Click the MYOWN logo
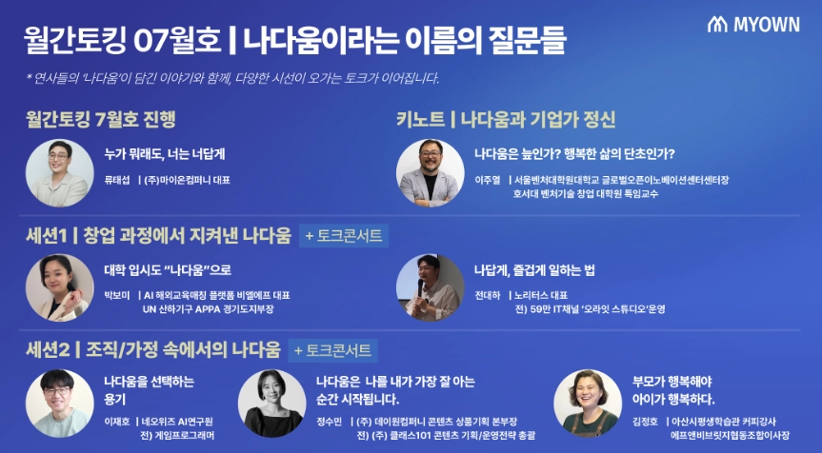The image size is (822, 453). pyautogui.click(x=753, y=24)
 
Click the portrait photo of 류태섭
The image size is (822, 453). pyautogui.click(x=59, y=173)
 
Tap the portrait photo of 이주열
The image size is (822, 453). pyautogui.click(x=430, y=173)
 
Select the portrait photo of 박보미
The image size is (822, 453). pyautogui.click(x=59, y=287)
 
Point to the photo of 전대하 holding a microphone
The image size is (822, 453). pyautogui.click(x=430, y=287)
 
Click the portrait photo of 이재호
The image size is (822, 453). pyautogui.click(x=59, y=404)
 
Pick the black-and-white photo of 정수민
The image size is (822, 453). pyautogui.click(x=272, y=404)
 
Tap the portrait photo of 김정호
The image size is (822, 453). pyautogui.click(x=588, y=404)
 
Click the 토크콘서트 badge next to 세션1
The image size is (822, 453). pyautogui.click(x=344, y=236)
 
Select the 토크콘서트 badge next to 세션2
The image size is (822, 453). pyautogui.click(x=332, y=350)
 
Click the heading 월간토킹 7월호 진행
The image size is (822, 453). pyautogui.click(x=100, y=119)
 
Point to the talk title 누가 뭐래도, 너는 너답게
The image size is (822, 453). pyautogui.click(x=165, y=154)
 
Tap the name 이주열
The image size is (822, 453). pyautogui.click(x=488, y=180)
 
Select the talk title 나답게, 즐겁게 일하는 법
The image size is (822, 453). pyautogui.click(x=534, y=270)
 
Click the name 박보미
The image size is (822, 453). pyautogui.click(x=117, y=295)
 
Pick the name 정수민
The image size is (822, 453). pyautogui.click(x=330, y=422)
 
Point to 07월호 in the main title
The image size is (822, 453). pyautogui.click(x=177, y=41)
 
